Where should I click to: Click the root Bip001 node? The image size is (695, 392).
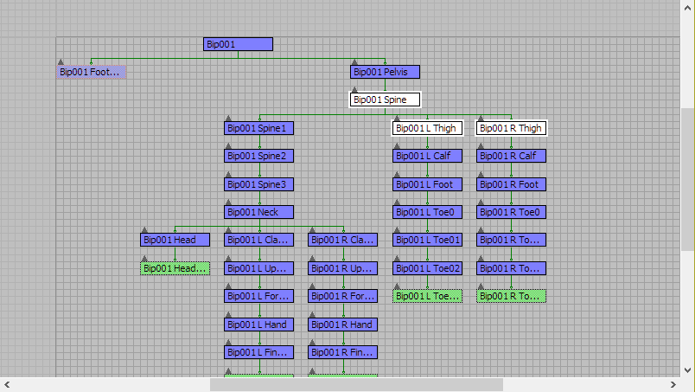[x=238, y=44]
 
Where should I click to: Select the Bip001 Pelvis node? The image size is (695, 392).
[x=385, y=72]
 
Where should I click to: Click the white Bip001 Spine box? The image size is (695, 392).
[x=385, y=100]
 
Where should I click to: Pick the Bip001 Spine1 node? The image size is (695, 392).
[x=259, y=128]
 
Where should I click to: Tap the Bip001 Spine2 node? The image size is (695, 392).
[x=259, y=156]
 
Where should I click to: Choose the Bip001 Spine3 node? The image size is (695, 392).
[x=259, y=184]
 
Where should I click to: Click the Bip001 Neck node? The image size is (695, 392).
[x=259, y=212]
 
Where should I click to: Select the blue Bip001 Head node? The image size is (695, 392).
[x=175, y=240]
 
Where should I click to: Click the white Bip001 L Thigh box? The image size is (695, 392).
[x=428, y=128]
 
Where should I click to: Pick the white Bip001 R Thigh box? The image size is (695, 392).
[x=512, y=128]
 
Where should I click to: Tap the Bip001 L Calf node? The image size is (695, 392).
[x=428, y=156]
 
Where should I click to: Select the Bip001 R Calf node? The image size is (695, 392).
[x=512, y=156]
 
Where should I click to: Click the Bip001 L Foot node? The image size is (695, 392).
[x=428, y=184]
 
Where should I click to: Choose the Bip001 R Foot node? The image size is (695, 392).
[x=512, y=184]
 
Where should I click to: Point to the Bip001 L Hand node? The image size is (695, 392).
[x=259, y=325]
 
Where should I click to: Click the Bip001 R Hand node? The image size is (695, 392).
[x=343, y=325]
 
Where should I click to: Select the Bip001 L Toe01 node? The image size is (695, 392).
[x=428, y=240]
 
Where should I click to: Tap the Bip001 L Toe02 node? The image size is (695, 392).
[x=428, y=268]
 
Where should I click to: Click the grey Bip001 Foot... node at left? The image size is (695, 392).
[x=92, y=72]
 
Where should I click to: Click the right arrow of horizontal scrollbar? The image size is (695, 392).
[x=674, y=384]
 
